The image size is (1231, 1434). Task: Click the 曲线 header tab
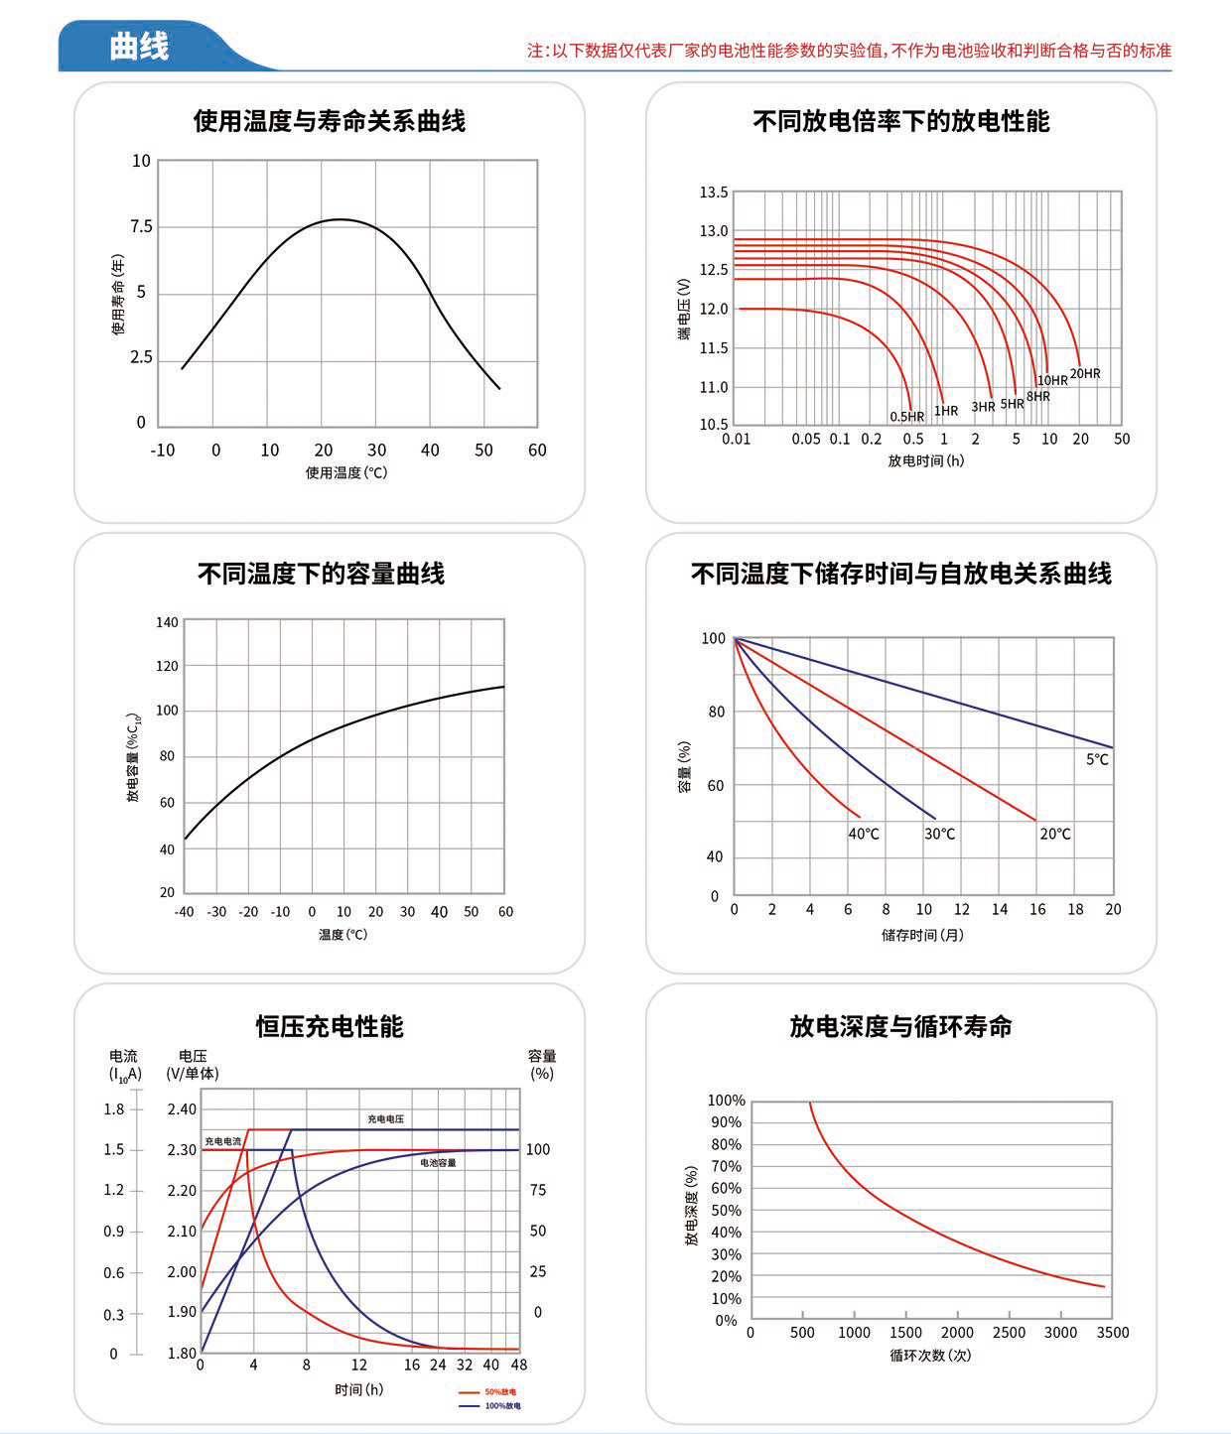coord(139,47)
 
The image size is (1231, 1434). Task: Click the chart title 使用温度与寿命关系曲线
coord(329,121)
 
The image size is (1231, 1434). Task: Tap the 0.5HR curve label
coord(906,417)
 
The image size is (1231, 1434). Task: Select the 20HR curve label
coord(1085,374)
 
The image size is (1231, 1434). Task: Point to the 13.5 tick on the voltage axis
coord(714,193)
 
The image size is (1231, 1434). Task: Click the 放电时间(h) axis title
coord(925,460)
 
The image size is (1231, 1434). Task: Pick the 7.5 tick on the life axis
coord(142,227)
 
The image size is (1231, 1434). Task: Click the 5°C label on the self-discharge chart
coord(1097,759)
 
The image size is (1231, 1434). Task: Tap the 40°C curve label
coord(864,834)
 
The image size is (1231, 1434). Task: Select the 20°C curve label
coord(1055,834)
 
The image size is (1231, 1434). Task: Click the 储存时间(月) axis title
coord(922,935)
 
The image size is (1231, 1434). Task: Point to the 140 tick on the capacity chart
coord(167,623)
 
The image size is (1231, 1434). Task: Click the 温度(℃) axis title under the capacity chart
coord(342,935)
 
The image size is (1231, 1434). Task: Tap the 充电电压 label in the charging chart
coord(385,1118)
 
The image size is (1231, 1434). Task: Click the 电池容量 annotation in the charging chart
coord(438,1162)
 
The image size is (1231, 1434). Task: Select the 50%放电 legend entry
coord(499,1392)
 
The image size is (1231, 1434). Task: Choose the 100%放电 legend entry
coord(501,1406)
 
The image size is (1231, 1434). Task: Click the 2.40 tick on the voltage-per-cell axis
coord(182,1109)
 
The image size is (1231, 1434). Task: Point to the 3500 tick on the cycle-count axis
coord(1112,1333)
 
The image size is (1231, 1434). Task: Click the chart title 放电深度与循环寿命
coord(900,1026)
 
